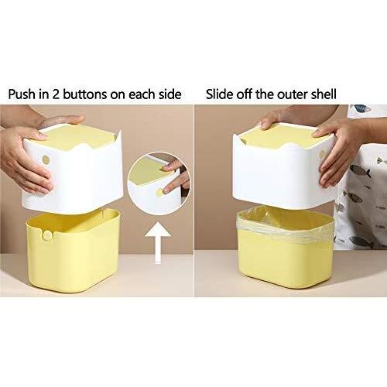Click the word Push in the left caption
click(x=22, y=94)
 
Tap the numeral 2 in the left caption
click(x=56, y=94)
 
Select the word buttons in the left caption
click(x=85, y=94)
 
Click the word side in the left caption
click(x=170, y=94)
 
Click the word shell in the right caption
click(x=324, y=94)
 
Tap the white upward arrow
click(x=158, y=243)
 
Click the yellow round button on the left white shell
click(x=46, y=160)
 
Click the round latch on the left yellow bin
click(x=47, y=235)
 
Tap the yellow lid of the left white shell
click(x=77, y=138)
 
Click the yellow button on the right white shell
click(x=323, y=155)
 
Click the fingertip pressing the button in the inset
click(x=167, y=190)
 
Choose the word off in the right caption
click(x=245, y=94)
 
